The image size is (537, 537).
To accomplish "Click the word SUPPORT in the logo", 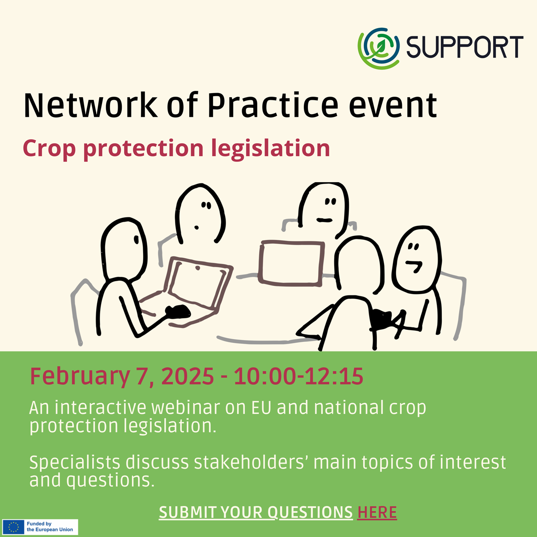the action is (x=465, y=47).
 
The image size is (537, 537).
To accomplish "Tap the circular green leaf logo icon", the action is (x=379, y=48).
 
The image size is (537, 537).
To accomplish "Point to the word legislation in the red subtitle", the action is (x=270, y=149).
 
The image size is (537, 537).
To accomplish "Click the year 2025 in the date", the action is (x=187, y=376).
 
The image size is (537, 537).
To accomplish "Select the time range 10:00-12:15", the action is (x=298, y=376).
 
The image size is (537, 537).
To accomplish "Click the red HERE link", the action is (x=377, y=512).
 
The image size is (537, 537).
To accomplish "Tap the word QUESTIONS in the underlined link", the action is (x=310, y=513).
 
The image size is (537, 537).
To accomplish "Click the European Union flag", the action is (x=13, y=527).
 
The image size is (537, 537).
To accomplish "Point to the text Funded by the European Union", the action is (x=50, y=527).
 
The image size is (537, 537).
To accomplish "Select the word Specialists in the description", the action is (x=75, y=463).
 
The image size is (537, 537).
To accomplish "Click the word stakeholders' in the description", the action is (x=252, y=463).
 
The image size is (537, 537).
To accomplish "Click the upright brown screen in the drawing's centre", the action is (x=291, y=263).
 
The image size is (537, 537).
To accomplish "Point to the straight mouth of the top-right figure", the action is (x=324, y=220).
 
